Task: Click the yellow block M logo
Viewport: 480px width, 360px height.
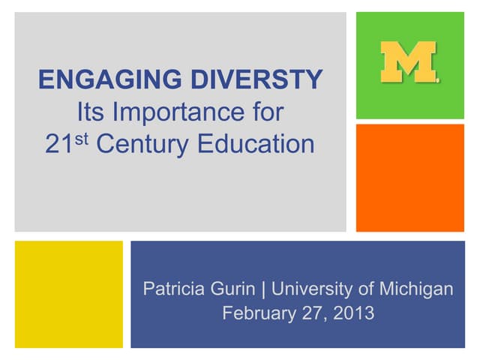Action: pyautogui.click(x=409, y=63)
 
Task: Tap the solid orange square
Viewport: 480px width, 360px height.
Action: pyautogui.click(x=409, y=178)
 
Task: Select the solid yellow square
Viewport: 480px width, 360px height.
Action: pyautogui.click(x=69, y=294)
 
